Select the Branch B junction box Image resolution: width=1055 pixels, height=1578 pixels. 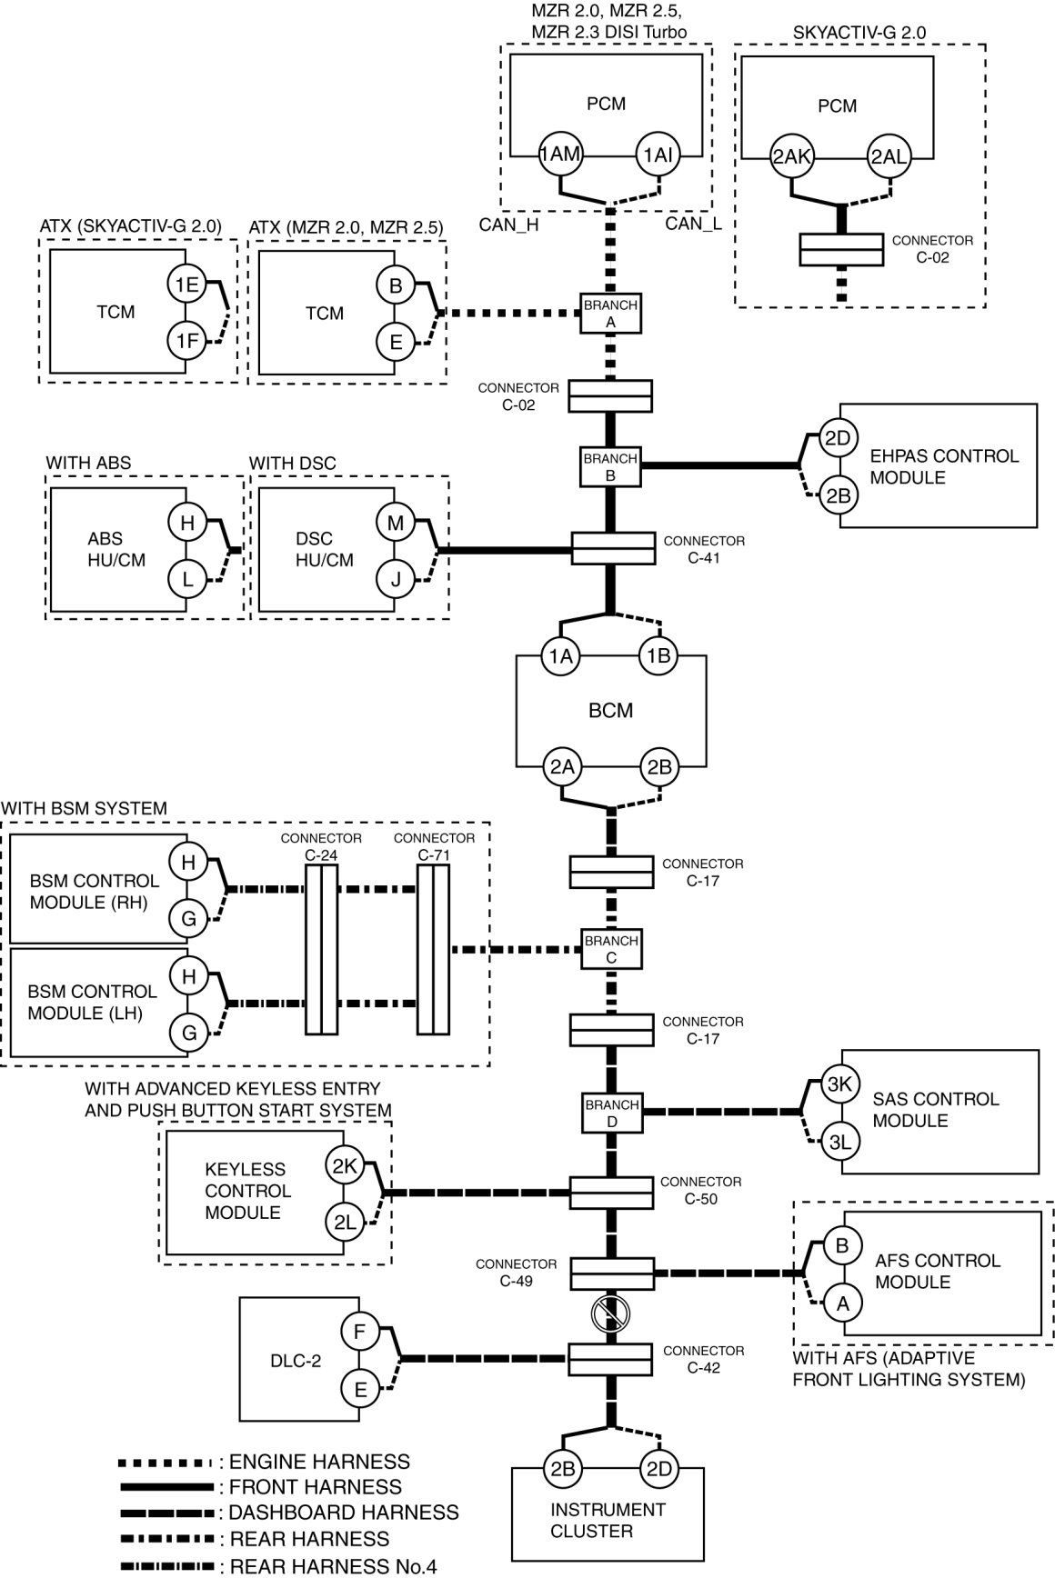click(x=610, y=467)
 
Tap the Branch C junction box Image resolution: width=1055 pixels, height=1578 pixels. click(x=611, y=949)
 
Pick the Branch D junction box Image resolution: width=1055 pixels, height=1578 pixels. click(x=611, y=1113)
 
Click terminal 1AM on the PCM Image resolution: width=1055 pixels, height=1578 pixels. click(x=559, y=155)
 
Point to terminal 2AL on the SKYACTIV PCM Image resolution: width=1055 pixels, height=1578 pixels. click(x=888, y=156)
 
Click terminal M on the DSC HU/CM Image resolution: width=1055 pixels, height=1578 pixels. click(x=396, y=523)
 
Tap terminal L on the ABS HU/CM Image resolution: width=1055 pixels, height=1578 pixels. click(x=187, y=578)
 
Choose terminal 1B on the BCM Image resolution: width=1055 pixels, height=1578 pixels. click(x=658, y=656)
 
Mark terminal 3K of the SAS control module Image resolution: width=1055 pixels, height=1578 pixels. click(x=839, y=1084)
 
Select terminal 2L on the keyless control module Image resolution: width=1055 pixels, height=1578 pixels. click(x=345, y=1223)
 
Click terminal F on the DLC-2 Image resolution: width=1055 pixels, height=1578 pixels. click(x=359, y=1333)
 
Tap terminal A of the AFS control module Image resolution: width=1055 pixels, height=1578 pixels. click(x=842, y=1303)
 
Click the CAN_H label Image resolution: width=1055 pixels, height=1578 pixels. click(x=509, y=225)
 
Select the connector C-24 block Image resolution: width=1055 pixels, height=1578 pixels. click(x=321, y=949)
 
